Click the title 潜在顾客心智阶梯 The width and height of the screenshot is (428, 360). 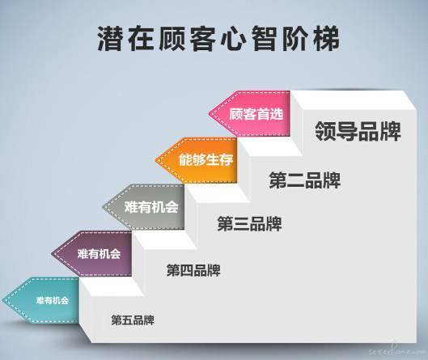[x=218, y=39]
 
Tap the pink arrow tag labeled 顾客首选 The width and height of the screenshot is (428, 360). [x=250, y=114]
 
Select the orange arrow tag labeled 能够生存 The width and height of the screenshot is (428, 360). [x=197, y=160]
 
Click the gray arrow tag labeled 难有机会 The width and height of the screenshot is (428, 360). [x=144, y=207]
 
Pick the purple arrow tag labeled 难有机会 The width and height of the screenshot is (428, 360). [x=92, y=254]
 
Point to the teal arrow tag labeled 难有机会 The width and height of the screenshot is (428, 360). [x=41, y=300]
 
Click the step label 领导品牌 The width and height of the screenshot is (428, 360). [x=358, y=131]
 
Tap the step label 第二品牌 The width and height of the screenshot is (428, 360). [x=305, y=180]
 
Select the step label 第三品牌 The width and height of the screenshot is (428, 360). [x=249, y=224]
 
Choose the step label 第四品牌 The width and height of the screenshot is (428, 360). [x=193, y=270]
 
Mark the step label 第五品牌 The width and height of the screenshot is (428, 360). [x=133, y=320]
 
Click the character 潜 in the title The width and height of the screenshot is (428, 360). [x=110, y=39]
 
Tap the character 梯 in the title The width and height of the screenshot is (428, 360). [x=327, y=39]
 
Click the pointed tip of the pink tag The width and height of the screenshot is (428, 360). [x=209, y=114]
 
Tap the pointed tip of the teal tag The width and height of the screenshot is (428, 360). [x=2, y=300]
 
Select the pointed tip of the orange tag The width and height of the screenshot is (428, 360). [x=155, y=160]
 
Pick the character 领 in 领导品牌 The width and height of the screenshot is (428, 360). [x=325, y=131]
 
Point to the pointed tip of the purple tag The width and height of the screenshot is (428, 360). [x=52, y=254]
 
